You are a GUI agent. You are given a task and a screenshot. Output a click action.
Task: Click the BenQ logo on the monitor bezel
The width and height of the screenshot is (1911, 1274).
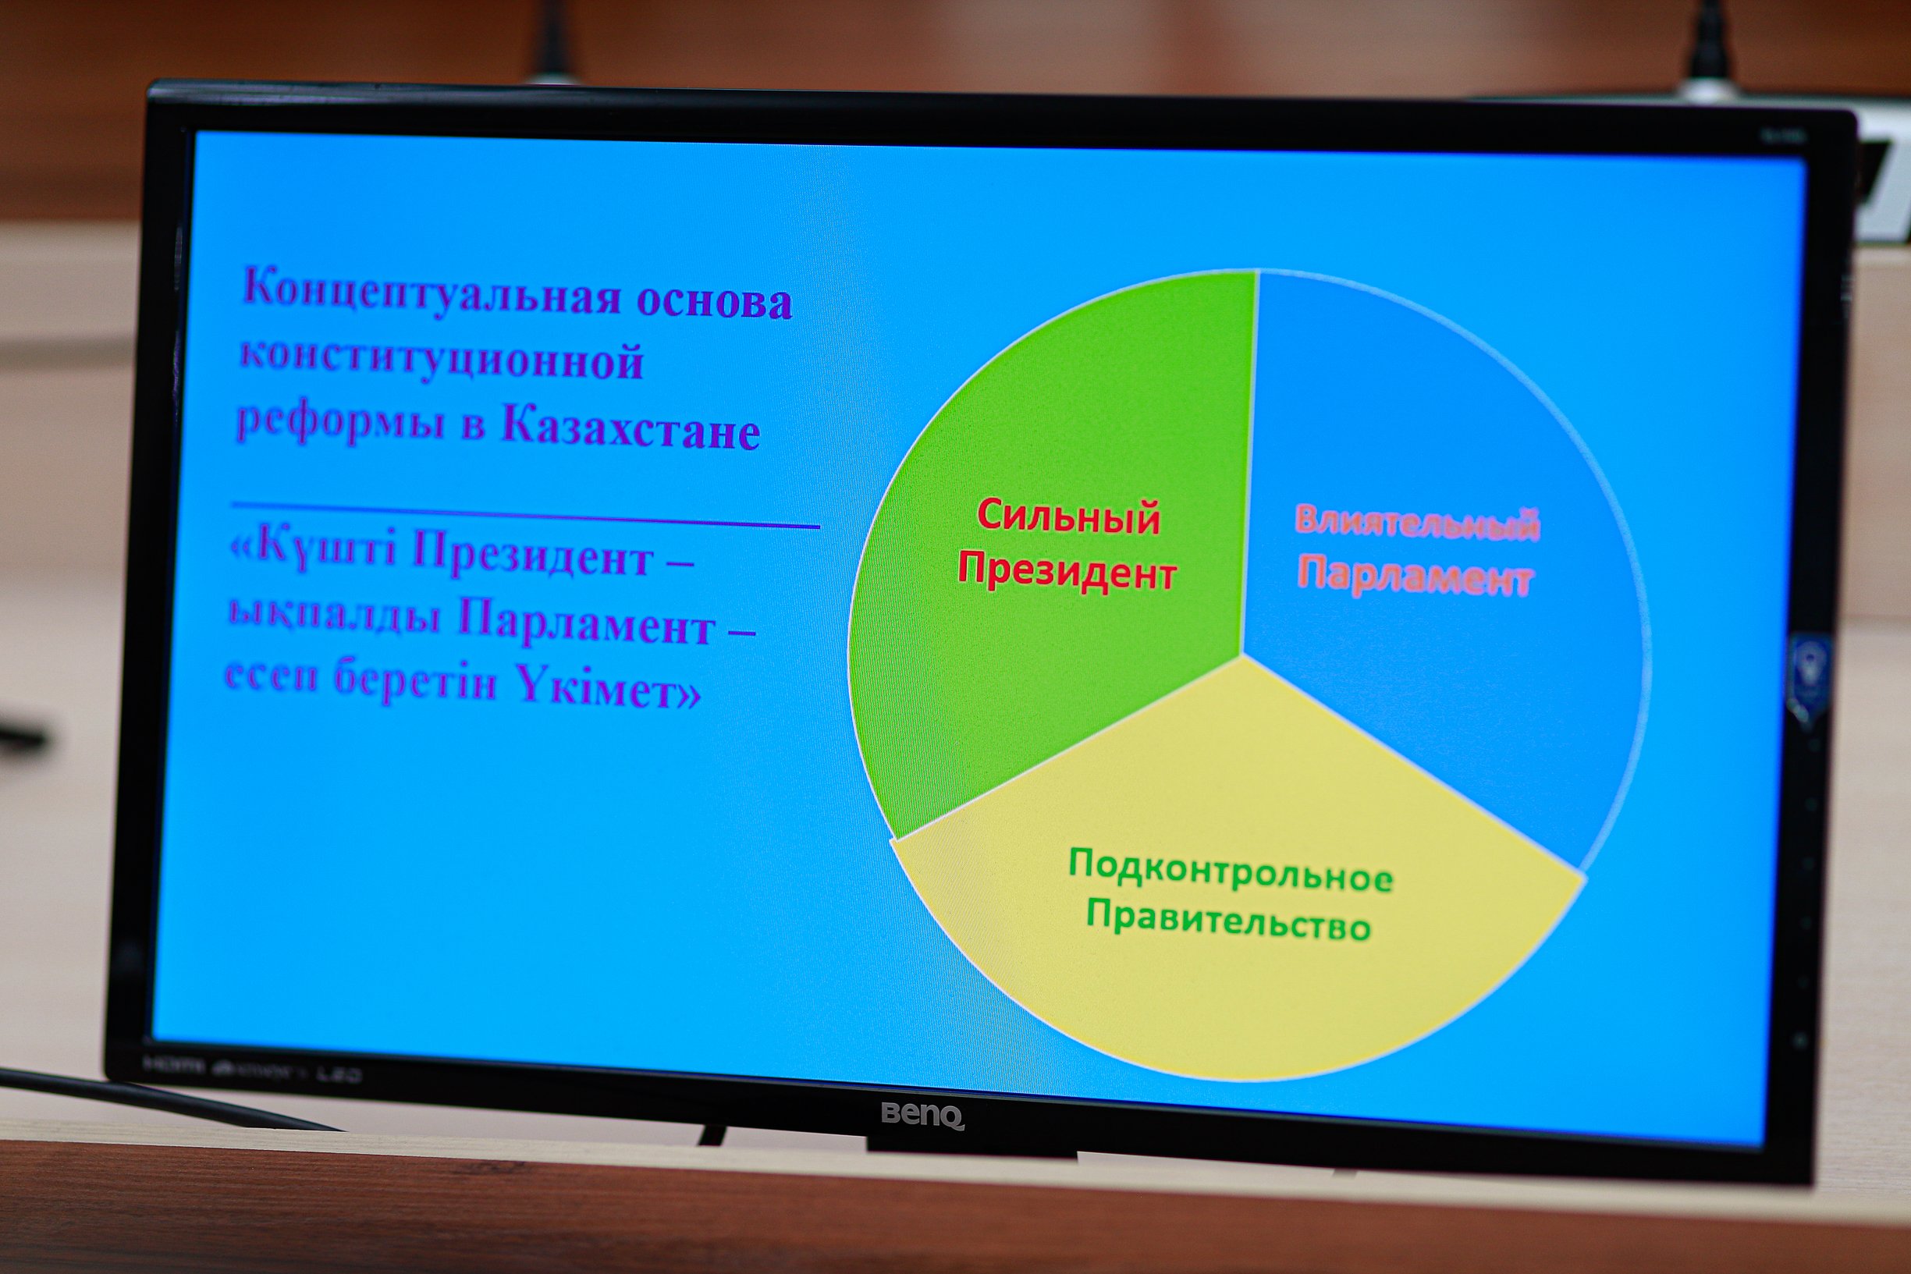[x=923, y=1115]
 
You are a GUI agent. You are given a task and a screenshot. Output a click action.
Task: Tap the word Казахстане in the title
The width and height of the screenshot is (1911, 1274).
[x=630, y=426]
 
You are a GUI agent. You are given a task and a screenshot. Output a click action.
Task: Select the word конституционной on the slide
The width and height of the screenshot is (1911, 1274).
[x=441, y=358]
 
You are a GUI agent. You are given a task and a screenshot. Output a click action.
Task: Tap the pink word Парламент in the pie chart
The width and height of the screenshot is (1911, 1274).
[x=1415, y=576]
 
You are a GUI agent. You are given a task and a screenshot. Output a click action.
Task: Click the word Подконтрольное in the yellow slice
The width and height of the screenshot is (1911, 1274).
[x=1230, y=871]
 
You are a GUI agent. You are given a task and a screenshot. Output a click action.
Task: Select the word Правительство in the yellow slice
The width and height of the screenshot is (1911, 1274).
[x=1228, y=923]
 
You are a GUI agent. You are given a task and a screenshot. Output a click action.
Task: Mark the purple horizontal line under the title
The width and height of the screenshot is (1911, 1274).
[x=525, y=516]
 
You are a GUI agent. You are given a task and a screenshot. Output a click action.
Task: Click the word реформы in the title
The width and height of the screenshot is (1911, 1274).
[x=340, y=423]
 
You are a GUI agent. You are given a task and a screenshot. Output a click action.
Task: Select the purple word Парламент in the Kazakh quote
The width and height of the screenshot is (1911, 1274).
[x=586, y=624]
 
